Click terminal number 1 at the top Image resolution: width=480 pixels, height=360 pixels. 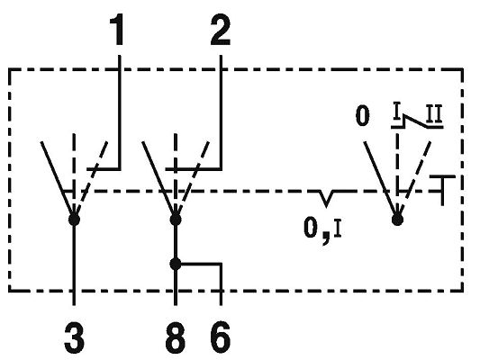click(117, 31)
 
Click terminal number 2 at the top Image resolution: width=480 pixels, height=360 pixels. click(221, 31)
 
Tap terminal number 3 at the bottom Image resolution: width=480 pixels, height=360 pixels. click(75, 337)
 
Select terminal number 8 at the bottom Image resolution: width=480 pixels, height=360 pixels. click(176, 337)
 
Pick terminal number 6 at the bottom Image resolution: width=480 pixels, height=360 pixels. click(221, 337)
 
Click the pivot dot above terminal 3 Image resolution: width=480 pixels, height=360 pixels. click(74, 220)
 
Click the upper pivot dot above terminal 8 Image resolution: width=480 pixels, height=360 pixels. click(176, 220)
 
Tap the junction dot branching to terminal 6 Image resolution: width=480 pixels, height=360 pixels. click(176, 264)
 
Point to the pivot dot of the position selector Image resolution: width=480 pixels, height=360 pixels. click(397, 220)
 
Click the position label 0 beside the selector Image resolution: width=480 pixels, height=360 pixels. click(362, 116)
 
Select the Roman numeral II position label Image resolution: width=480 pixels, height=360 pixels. click(434, 114)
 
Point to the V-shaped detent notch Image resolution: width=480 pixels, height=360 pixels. click(326, 199)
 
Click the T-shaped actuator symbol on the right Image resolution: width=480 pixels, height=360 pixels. click(442, 190)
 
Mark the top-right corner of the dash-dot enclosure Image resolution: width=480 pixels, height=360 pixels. click(462, 69)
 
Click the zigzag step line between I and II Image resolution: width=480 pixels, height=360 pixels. click(417, 121)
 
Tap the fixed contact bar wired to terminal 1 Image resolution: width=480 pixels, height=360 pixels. click(104, 168)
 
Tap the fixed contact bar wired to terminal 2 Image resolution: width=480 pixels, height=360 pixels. click(194, 168)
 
